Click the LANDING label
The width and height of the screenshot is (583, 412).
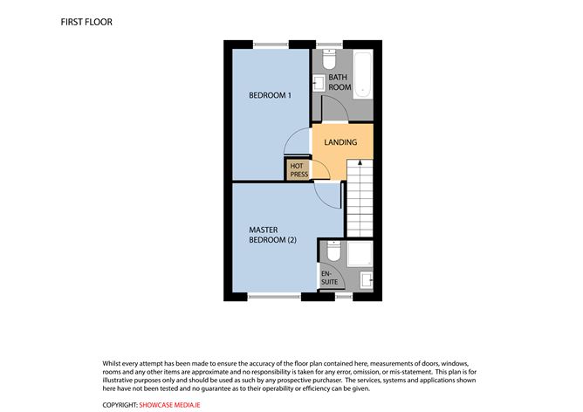tap(340, 141)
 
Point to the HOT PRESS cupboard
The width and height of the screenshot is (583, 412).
tap(298, 169)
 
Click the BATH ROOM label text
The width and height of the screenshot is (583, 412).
tap(340, 82)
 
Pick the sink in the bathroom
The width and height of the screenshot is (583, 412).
tap(319, 84)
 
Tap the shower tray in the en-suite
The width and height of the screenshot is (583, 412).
tap(360, 253)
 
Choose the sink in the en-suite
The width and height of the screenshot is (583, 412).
tap(367, 281)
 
